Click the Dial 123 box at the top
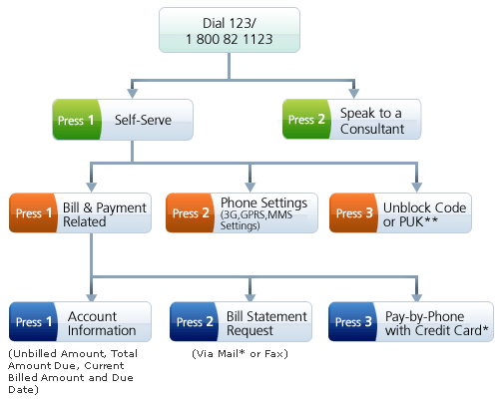coord(230,30)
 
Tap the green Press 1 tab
coord(76,120)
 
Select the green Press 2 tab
coord(306,119)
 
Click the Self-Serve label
coord(143,120)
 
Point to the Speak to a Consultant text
coord(372,121)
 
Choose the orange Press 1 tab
coord(33,212)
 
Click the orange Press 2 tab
coord(190,212)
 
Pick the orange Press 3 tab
coord(353,212)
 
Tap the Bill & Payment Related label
coord(105,214)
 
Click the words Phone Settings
coord(263,202)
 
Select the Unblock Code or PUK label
coord(424,214)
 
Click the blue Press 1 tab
coord(33,321)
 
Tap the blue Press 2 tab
coord(194,321)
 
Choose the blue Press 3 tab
coord(352,321)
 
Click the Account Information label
coord(102,323)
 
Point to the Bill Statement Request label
coord(266,323)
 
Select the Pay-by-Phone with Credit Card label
coord(436,323)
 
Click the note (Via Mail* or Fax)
coord(240,354)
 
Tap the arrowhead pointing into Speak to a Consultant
coord(353,94)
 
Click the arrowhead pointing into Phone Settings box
coord(250,188)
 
